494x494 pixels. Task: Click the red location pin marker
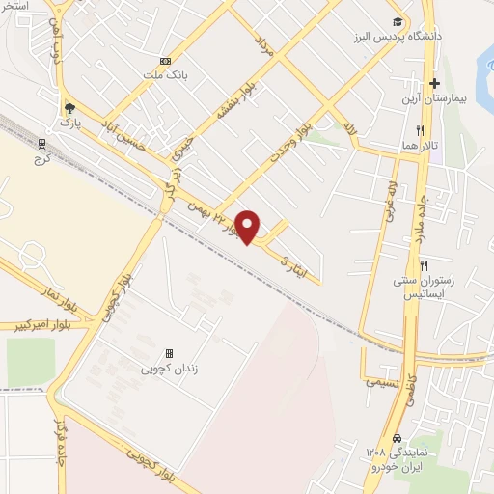click(x=248, y=226)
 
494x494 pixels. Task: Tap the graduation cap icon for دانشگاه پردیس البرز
click(x=398, y=22)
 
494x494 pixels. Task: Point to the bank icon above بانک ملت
click(x=165, y=60)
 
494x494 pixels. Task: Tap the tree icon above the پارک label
click(x=68, y=108)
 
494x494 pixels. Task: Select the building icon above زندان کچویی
click(x=170, y=354)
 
